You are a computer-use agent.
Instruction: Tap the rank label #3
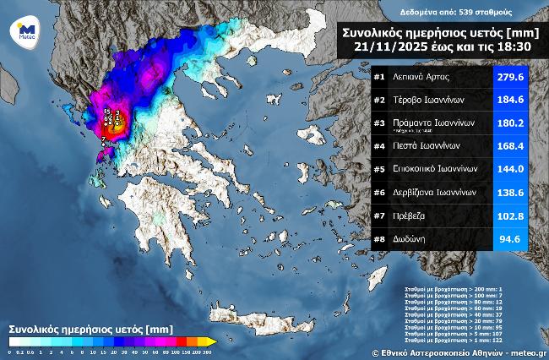coord(379,123)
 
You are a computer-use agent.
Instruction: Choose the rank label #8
coord(379,239)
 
